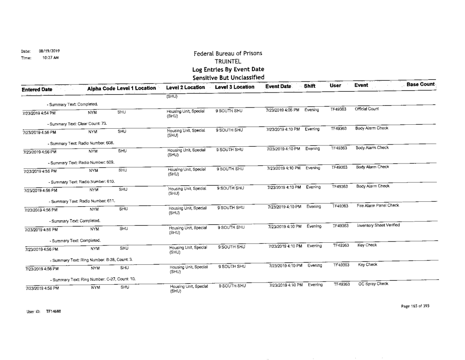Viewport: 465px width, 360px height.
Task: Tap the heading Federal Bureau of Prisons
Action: [x=228, y=54]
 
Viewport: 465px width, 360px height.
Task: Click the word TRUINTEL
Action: [x=228, y=62]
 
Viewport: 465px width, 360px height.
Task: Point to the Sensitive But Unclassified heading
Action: [x=228, y=78]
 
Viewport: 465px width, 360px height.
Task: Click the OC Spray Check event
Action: [x=373, y=284]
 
